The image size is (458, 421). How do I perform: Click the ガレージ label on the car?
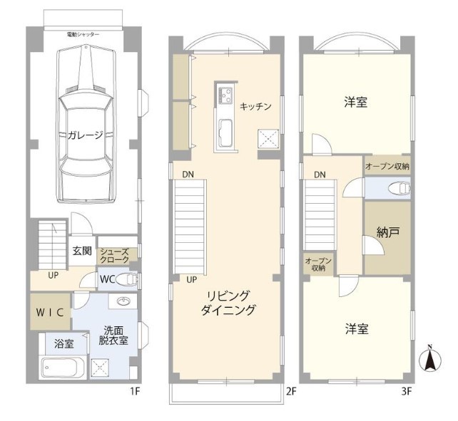(86, 135)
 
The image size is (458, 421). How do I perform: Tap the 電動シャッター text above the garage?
(83, 35)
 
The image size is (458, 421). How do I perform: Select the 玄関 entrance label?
(82, 251)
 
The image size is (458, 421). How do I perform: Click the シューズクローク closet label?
(114, 256)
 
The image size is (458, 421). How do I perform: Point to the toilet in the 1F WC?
(126, 280)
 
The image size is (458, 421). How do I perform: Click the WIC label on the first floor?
(50, 313)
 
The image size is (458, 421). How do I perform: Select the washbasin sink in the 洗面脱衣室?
(124, 301)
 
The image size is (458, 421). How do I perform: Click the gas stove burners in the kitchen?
(225, 95)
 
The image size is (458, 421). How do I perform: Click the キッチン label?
(255, 107)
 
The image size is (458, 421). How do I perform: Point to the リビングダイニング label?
(228, 303)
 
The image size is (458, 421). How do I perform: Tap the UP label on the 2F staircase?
(192, 280)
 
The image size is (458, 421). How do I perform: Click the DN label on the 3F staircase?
(320, 175)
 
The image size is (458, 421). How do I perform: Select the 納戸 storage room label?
(388, 232)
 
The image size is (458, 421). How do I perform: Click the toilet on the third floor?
(400, 188)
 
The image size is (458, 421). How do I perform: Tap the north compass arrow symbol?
(430, 360)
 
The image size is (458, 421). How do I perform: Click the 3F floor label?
(407, 391)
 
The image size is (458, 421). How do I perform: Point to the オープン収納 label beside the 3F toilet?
(387, 167)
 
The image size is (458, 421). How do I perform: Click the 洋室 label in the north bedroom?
(356, 103)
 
